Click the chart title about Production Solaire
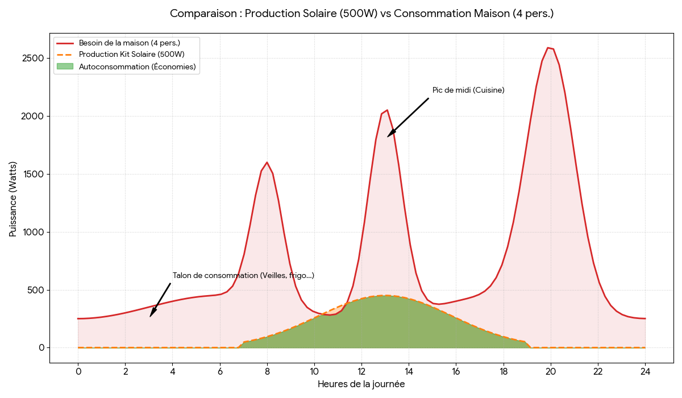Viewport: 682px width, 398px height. (361, 14)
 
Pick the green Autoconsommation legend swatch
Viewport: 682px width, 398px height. (65, 67)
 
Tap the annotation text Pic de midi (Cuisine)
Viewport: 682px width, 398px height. (468, 90)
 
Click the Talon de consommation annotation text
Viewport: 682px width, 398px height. (243, 276)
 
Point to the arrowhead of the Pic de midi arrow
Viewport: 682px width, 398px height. (388, 136)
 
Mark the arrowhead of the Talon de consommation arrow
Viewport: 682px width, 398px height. (151, 316)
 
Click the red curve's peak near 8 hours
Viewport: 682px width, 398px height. (267, 163)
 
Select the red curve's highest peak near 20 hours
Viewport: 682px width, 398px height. (548, 48)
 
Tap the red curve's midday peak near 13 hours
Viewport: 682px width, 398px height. (387, 110)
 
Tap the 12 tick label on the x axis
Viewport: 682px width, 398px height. (361, 371)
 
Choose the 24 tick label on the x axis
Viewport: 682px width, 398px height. (645, 371)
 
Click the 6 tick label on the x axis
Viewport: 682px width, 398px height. (220, 371)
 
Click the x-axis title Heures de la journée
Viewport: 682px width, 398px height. (361, 384)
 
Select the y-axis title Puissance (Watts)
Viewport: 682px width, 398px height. (13, 199)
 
